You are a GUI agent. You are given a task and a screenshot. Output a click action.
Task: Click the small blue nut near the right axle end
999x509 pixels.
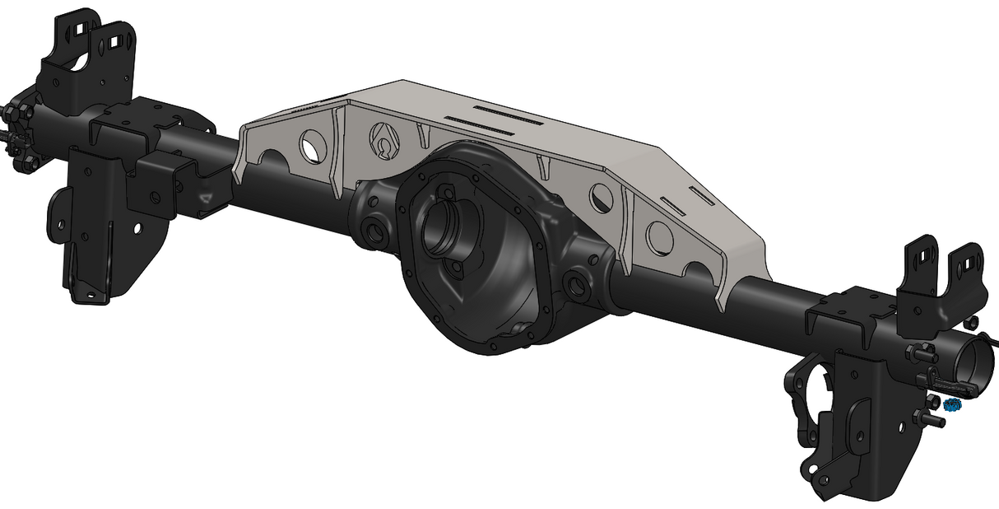pyautogui.click(x=953, y=405)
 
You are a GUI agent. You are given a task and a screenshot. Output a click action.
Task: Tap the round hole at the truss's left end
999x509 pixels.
pyautogui.click(x=311, y=145)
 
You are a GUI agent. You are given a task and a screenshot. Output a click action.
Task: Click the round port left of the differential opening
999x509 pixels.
pyautogui.click(x=375, y=233)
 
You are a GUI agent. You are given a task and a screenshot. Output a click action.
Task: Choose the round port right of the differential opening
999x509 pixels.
pyautogui.click(x=576, y=287)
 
